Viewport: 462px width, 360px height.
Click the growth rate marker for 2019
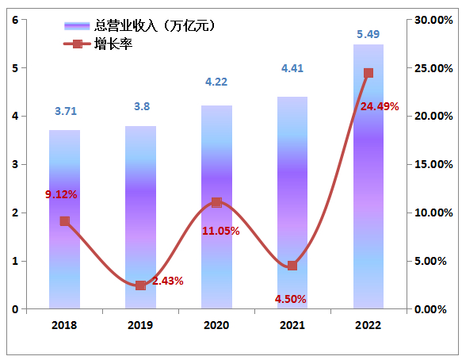(140, 285)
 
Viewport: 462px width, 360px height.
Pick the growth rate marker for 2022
(368, 73)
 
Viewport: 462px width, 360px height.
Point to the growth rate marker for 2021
(292, 266)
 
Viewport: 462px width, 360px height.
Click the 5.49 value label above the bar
(368, 34)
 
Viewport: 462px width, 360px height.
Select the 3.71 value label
(66, 111)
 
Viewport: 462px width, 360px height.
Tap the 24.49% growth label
(380, 105)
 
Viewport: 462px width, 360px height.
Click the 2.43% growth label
(168, 281)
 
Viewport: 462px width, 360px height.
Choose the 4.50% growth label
(290, 299)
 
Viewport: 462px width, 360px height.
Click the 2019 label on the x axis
(140, 325)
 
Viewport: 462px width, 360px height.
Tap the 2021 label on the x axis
(292, 325)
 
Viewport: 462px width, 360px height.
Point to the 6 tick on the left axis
(15, 20)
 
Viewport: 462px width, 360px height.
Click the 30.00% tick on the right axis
(433, 20)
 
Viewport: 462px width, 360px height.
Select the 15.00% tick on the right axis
(433, 164)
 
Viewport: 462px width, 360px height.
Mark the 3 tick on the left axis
(15, 164)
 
